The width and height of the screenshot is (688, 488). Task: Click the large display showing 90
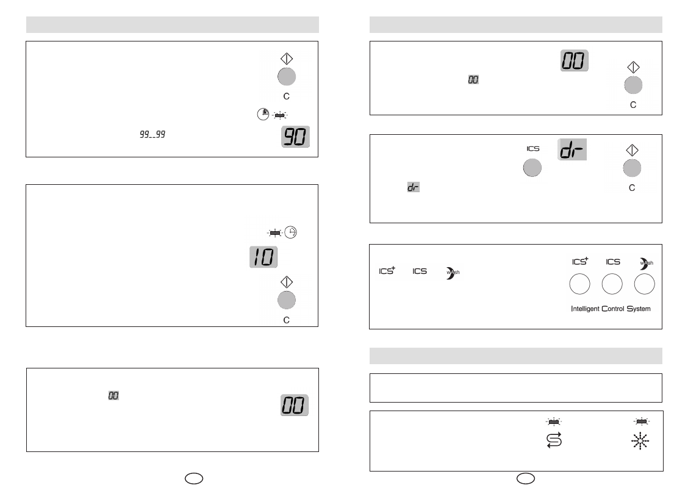click(295, 137)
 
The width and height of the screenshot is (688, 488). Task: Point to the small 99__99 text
click(152, 134)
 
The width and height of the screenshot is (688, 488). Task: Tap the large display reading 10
click(263, 257)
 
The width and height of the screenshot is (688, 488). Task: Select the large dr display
click(572, 149)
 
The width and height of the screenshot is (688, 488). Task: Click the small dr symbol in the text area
click(414, 187)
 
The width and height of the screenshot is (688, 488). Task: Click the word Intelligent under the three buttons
click(585, 309)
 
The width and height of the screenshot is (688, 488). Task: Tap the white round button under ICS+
click(579, 284)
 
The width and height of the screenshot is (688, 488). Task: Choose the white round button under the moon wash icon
click(645, 284)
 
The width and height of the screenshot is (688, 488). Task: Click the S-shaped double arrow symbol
click(554, 440)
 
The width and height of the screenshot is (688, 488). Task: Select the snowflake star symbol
click(640, 441)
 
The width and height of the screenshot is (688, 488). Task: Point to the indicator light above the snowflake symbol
click(642, 422)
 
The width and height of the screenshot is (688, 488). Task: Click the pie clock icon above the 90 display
click(263, 114)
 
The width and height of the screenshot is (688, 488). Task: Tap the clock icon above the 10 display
click(290, 232)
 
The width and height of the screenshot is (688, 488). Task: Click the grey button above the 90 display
click(287, 77)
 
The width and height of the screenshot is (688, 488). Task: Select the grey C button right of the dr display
click(632, 168)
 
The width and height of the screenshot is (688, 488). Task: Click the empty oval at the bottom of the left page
click(194, 478)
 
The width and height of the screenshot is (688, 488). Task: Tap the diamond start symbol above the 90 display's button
click(287, 59)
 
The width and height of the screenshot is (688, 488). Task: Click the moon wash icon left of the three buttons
click(453, 273)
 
